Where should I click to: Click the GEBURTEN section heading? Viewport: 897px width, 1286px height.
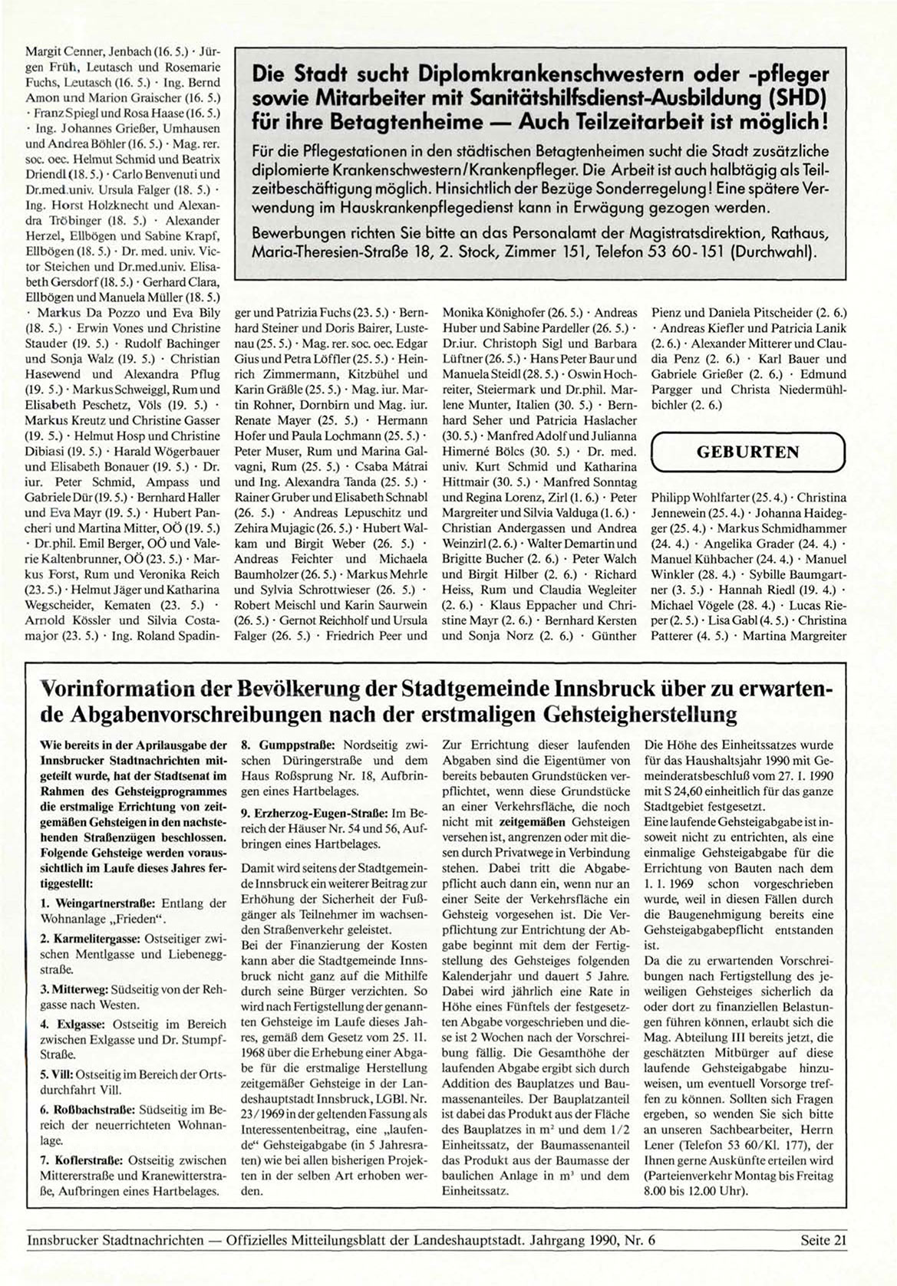point(748,452)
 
